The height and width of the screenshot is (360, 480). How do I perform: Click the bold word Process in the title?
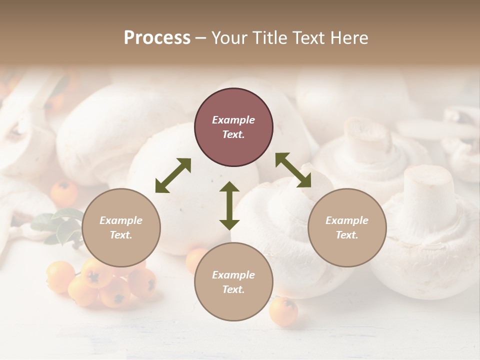pos(157,38)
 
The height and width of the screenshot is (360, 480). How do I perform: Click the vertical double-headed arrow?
pos(229,205)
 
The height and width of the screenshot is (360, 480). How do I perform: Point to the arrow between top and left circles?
pos(173,175)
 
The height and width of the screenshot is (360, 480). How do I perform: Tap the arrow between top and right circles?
pos(293,170)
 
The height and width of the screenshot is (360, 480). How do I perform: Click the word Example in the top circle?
pos(233,120)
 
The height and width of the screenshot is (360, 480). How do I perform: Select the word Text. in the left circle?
pos(121,235)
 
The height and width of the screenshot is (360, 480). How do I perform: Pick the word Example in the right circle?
pos(347,220)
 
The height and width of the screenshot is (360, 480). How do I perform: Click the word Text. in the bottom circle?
pos(233,289)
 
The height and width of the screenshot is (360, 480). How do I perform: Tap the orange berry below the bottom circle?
pos(283,311)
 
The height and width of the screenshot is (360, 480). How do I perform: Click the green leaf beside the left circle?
pos(62,225)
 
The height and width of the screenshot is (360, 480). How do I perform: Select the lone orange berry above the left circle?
pos(64,192)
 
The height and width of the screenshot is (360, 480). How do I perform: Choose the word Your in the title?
pos(227,38)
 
